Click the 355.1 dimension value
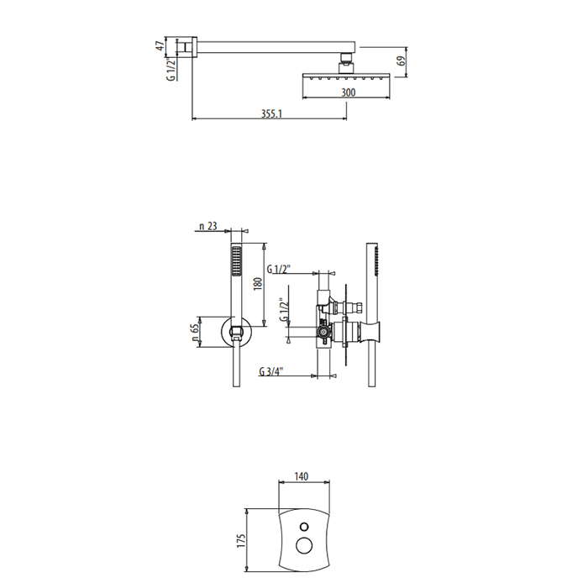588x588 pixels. [x=271, y=113]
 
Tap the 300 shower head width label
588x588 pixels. [x=349, y=92]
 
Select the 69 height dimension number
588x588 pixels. [x=402, y=61]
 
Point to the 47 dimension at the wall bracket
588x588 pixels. [x=160, y=46]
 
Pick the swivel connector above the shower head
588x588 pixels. [x=346, y=62]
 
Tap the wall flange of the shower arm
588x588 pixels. [x=194, y=47]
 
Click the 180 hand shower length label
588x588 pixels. [x=258, y=284]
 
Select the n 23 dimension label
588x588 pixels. [x=208, y=226]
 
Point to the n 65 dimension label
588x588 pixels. [x=195, y=333]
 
